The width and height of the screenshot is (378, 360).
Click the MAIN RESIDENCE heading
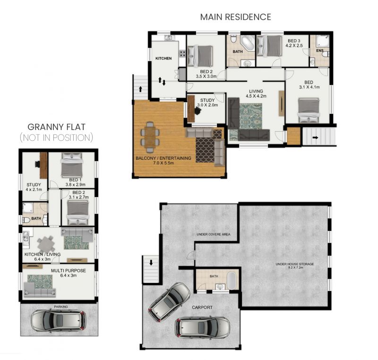235,17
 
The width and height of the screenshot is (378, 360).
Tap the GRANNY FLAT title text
56,127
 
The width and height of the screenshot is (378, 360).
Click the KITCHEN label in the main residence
163,58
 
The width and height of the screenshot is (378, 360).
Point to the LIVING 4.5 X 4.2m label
256,94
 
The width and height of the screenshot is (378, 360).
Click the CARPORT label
202,308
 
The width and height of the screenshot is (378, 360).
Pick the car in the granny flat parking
59,321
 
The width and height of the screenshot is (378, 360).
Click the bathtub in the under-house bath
232,281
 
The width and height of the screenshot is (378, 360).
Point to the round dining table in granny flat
46,244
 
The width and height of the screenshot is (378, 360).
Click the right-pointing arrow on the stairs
316,137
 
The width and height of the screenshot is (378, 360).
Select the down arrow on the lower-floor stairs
151,262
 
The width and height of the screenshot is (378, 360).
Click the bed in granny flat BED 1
72,165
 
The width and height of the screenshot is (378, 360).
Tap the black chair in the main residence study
198,111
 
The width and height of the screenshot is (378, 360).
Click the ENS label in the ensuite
320,51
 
